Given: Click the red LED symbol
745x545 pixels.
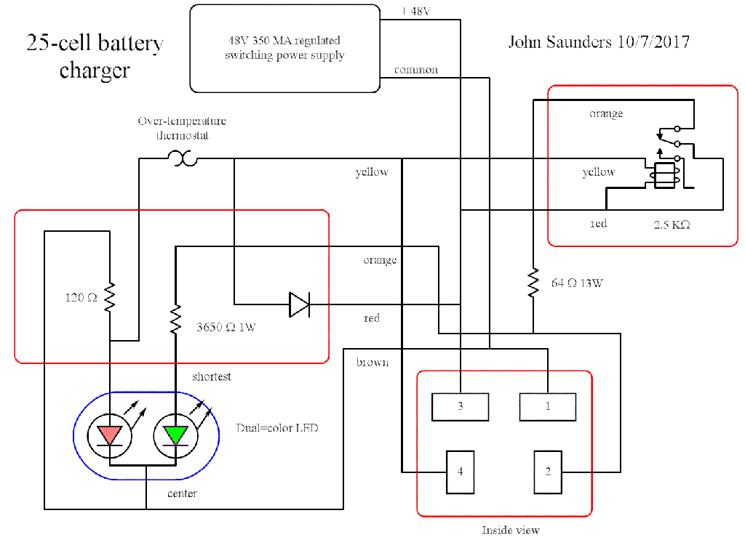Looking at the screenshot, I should coord(109,435).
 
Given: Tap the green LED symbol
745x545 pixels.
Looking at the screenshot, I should coord(175,435).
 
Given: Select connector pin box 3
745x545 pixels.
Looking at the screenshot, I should coord(460,407).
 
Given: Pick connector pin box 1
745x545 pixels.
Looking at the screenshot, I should coord(548,407).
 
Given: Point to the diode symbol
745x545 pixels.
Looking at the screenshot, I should coord(299,304).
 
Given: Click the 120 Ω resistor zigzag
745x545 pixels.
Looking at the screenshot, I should coord(109,297).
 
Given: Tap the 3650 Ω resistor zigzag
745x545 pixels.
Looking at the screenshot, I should coord(175,319).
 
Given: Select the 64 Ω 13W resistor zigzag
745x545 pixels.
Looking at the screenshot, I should coord(533,283).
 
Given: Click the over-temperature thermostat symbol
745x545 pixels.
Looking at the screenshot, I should coord(182,158).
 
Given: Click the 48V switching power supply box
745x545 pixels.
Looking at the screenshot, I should coord(284,48).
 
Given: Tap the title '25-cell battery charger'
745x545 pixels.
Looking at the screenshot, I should coord(95,56).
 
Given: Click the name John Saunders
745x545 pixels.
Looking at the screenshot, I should coord(559,42).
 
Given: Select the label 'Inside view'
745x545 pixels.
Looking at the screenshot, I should coord(511,530).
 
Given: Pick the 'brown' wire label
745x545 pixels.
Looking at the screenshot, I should coord(372,362).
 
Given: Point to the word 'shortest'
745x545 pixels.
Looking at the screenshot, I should coord(212,376).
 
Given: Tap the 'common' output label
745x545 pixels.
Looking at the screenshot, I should coord(416,70).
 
